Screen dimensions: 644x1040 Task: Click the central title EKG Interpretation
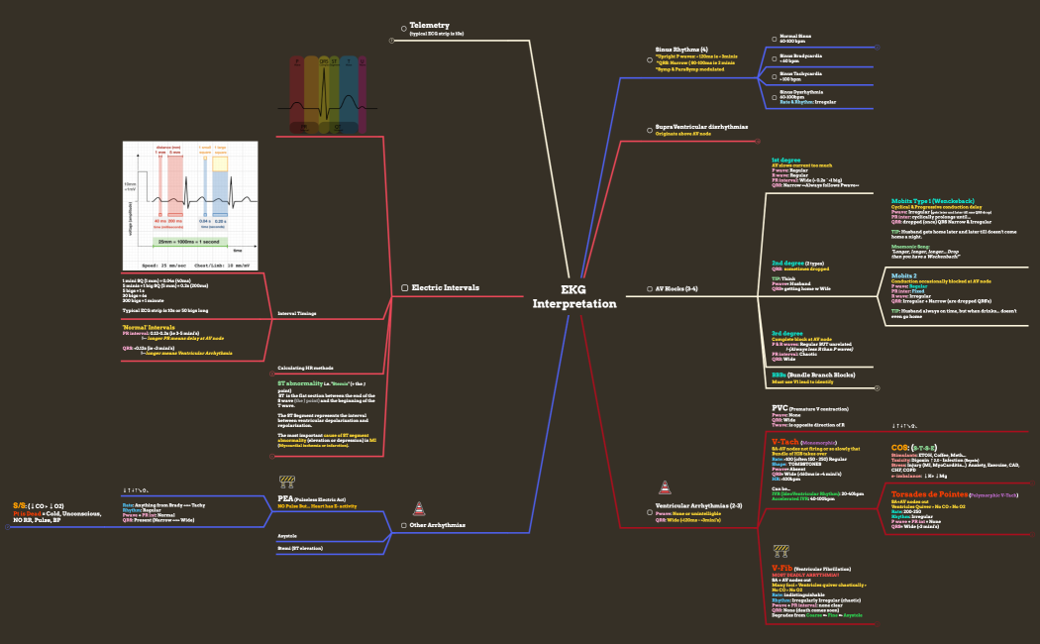click(x=573, y=296)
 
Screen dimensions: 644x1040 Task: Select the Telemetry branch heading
click(x=430, y=26)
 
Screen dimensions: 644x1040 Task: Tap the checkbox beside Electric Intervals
click(x=404, y=287)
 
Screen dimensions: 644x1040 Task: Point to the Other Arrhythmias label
click(x=438, y=524)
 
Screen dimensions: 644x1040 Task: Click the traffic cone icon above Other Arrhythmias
click(x=419, y=508)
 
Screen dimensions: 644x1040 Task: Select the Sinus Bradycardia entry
click(x=801, y=56)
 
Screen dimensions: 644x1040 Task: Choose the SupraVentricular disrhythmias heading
click(x=701, y=127)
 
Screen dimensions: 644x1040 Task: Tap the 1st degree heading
click(x=786, y=160)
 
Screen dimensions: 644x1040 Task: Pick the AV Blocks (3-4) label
click(x=676, y=288)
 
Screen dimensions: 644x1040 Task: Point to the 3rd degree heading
click(x=787, y=333)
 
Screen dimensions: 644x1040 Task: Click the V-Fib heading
click(x=782, y=567)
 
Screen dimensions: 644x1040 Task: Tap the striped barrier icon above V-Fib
click(x=781, y=549)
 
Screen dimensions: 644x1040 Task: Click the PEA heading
click(x=285, y=498)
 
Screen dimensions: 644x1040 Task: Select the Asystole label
click(x=287, y=535)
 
